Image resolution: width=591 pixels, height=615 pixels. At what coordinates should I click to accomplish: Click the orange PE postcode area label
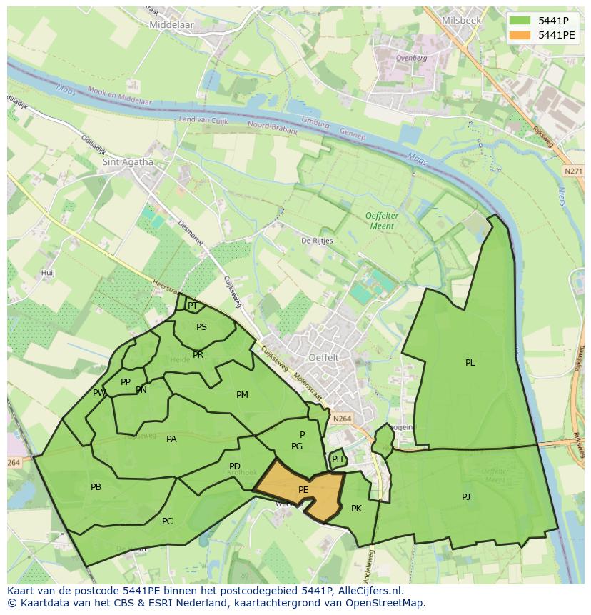(303, 490)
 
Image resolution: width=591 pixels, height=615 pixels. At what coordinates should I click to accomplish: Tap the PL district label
(470, 363)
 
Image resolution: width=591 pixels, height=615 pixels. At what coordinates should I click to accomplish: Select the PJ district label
(466, 496)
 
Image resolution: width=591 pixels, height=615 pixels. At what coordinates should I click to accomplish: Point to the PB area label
(96, 487)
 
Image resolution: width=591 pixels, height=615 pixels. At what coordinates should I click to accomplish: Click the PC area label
(167, 521)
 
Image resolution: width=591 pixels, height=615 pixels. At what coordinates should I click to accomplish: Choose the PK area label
(356, 509)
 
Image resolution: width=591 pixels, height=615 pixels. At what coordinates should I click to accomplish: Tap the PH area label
(337, 459)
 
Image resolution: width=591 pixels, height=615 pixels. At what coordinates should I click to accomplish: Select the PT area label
(192, 306)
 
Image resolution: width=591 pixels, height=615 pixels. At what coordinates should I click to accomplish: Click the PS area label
(201, 327)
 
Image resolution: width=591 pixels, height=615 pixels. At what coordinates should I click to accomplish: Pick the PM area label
(242, 395)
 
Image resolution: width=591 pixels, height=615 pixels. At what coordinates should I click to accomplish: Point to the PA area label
(171, 439)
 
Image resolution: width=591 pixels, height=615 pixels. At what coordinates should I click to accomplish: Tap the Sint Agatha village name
(128, 162)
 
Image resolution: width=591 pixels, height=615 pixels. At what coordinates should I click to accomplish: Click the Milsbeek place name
(462, 21)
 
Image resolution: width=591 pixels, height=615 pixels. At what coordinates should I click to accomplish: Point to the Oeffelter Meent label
(380, 221)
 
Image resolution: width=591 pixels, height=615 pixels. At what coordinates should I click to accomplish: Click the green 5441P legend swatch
(521, 21)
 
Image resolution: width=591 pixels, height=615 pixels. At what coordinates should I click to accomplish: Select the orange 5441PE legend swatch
(521, 35)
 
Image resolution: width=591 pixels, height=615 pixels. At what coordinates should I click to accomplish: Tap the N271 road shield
(572, 171)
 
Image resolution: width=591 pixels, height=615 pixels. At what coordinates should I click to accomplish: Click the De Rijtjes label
(317, 241)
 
